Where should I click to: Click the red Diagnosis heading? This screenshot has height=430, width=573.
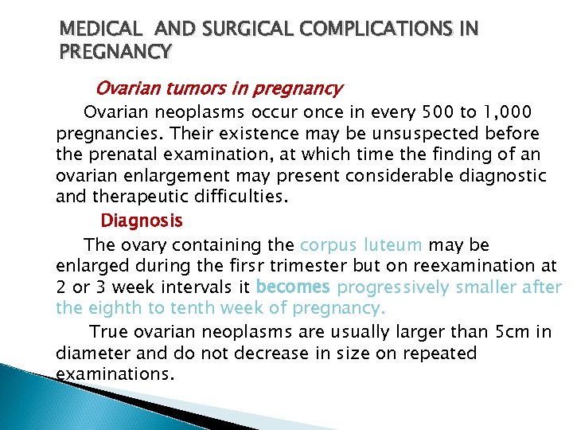click(141, 220)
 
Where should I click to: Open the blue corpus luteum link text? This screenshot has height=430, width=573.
click(362, 244)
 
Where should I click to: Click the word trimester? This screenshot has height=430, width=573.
click(301, 265)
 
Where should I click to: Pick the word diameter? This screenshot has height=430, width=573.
click(93, 352)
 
